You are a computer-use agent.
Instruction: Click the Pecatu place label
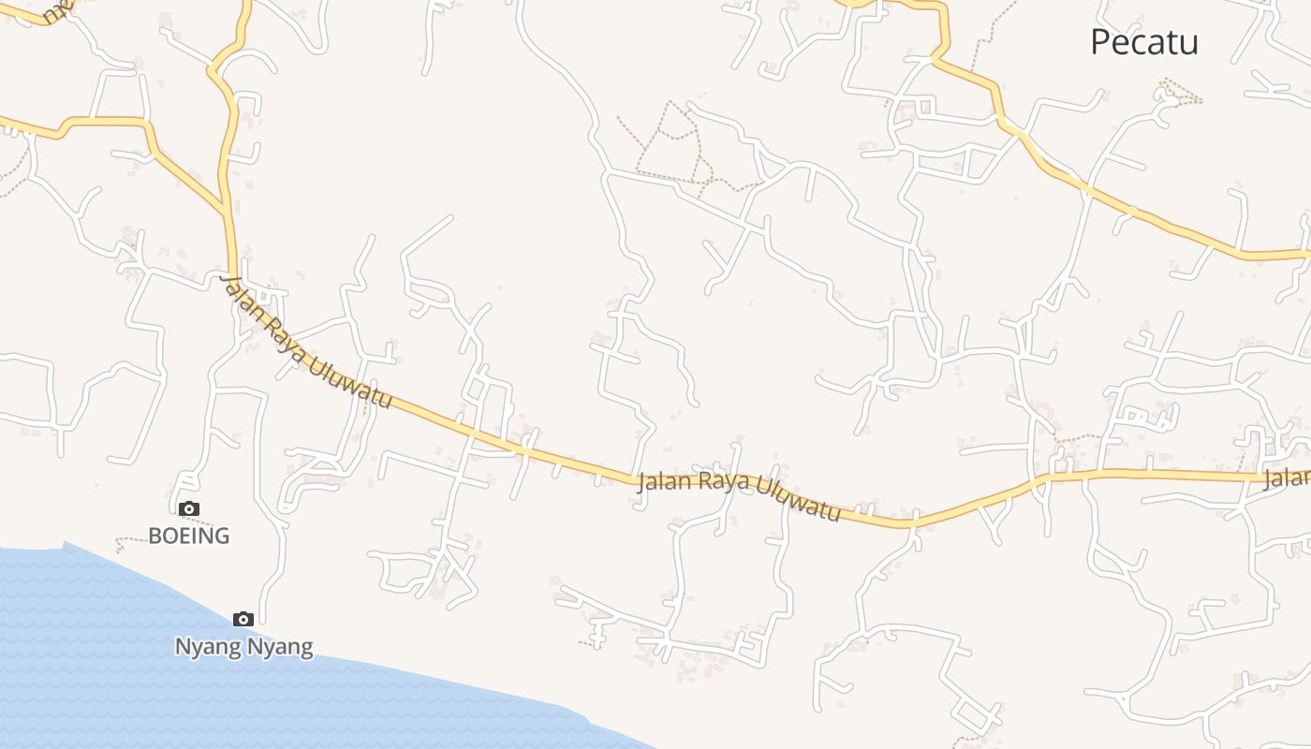(1143, 42)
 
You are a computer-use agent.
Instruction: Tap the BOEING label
(189, 536)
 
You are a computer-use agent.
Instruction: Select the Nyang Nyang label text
(243, 646)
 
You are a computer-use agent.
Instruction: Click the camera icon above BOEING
(189, 508)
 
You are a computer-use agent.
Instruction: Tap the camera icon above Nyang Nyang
(243, 619)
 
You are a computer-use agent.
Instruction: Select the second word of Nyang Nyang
(280, 646)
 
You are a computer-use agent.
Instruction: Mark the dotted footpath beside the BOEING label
(131, 540)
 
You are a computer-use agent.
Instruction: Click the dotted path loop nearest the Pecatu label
(1180, 92)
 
